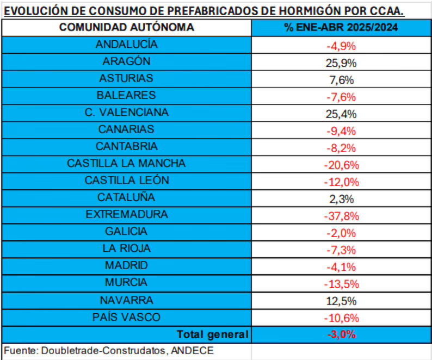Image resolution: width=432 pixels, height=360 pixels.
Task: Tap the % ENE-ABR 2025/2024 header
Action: coord(341,28)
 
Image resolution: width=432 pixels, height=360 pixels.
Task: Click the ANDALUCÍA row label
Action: coord(126,45)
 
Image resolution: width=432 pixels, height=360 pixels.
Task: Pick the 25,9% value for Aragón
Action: coord(341,63)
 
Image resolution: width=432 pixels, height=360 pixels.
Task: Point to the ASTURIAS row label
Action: coord(126,78)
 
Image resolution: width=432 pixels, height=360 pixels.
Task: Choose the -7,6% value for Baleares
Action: coord(341,97)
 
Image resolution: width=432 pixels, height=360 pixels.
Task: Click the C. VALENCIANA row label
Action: coord(126,113)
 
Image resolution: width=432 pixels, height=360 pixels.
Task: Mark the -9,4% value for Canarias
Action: coord(341,131)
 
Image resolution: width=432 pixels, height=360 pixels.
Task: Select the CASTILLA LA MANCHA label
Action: coord(126,163)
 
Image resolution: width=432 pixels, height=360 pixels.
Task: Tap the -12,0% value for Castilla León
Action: coord(341,182)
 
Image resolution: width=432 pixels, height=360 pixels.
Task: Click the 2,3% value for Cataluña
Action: coord(341,198)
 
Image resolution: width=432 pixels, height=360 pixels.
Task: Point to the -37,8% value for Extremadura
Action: coord(341,216)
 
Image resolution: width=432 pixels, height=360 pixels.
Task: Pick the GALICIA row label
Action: coord(126,231)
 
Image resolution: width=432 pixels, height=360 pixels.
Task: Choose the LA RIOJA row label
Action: coord(126,249)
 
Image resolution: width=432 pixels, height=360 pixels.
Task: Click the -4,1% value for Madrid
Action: coord(341,267)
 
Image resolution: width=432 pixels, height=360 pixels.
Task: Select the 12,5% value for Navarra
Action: coord(341,301)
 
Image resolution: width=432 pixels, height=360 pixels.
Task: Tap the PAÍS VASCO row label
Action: coord(126,317)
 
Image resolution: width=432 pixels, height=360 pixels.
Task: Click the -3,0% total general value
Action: coord(341,334)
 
